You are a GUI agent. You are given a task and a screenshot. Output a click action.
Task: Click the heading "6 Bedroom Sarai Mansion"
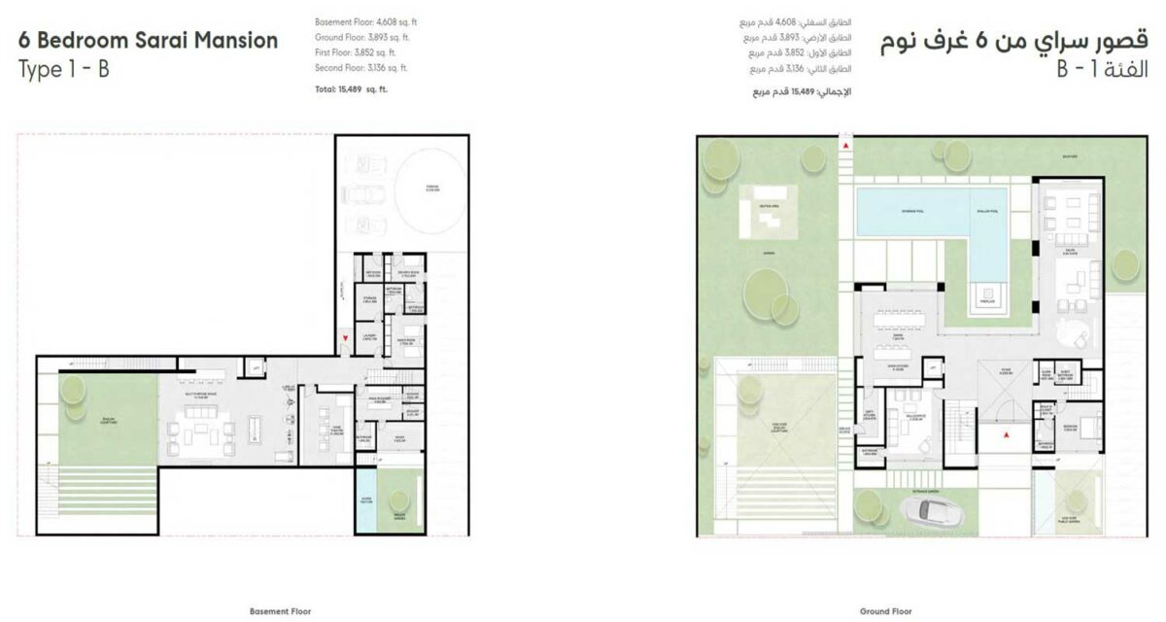[148, 41]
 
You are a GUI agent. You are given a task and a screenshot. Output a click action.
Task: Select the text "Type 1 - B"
[63, 70]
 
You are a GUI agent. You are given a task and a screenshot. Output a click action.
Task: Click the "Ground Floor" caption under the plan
[884, 613]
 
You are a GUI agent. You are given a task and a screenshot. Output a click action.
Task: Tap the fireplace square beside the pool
[988, 294]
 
